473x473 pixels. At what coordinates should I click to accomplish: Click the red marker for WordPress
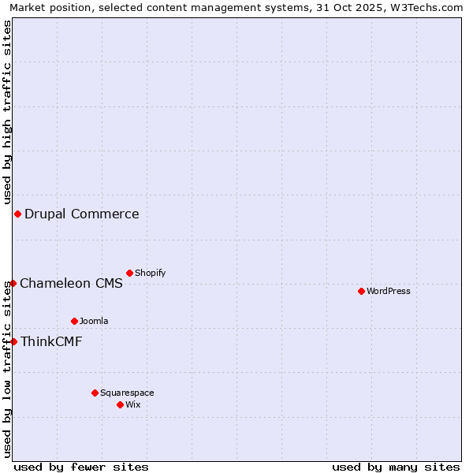pos(361,291)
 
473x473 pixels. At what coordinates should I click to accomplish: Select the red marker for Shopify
pos(129,273)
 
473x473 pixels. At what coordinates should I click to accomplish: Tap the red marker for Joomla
pos(74,321)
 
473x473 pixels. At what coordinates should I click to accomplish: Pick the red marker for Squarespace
pos(95,393)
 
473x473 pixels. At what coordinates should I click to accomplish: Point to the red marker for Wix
pos(120,404)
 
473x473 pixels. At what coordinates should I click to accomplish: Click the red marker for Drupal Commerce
pos(17,214)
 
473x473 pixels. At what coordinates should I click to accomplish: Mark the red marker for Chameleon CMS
pos(13,283)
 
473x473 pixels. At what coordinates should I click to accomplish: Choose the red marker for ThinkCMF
pos(13,341)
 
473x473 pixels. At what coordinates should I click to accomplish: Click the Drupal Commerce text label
pos(82,214)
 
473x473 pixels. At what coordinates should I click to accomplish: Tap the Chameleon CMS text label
pos(71,284)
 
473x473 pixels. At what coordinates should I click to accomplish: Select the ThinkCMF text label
pos(51,342)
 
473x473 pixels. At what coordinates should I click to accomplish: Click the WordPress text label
pos(389,291)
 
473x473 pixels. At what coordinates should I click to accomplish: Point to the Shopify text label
pos(151,273)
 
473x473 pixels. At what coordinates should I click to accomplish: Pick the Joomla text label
pos(94,321)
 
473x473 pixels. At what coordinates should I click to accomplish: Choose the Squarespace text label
pos(127,393)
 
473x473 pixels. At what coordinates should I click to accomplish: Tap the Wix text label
pos(133,404)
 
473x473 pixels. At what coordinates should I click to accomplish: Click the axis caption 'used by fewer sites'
pos(81,467)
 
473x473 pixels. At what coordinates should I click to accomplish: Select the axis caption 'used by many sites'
pos(396,467)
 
